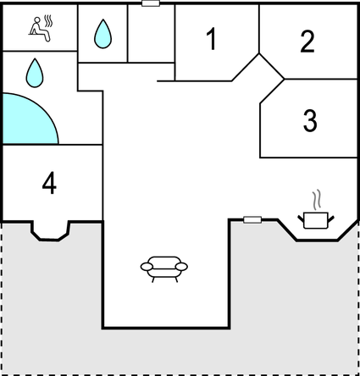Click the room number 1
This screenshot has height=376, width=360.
(212, 39)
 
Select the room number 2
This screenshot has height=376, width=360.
(307, 41)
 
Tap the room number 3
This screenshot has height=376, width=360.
(310, 120)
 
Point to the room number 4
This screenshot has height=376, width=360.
(49, 183)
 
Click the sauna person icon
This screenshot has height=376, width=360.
(41, 29)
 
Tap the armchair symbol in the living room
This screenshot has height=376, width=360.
(164, 269)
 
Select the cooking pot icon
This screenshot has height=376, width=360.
(316, 220)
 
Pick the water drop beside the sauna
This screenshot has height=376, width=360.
(102, 34)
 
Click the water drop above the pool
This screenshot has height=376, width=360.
(35, 73)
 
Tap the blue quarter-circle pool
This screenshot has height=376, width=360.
(27, 121)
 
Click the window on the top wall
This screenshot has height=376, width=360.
(151, 3)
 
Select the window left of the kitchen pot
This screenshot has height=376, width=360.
(252, 219)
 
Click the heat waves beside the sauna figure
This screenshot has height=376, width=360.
(48, 21)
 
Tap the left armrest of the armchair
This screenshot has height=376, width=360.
(147, 267)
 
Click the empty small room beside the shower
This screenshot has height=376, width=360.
(151, 33)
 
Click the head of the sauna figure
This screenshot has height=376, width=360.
(37, 19)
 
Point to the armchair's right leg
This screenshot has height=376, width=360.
(176, 279)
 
